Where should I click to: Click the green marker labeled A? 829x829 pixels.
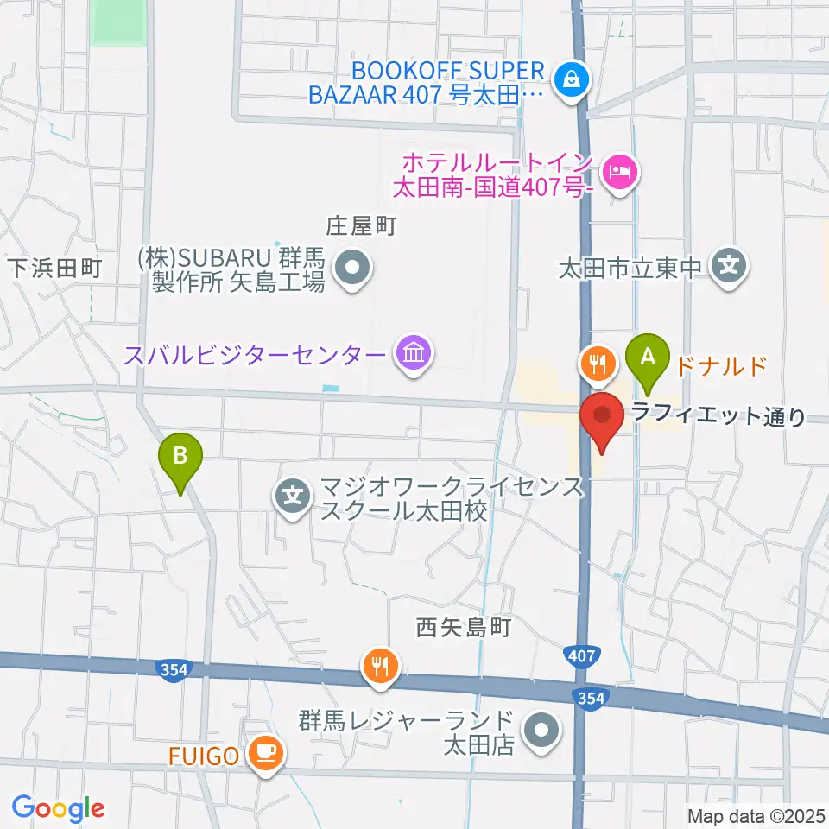(652, 357)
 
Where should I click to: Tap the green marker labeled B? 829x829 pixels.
(180, 457)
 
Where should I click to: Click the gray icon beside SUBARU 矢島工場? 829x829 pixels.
(352, 269)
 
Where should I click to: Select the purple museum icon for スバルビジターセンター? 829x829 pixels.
(413, 354)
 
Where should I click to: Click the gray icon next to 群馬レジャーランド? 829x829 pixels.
(541, 731)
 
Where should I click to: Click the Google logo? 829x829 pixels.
(58, 809)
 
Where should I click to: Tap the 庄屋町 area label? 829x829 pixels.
(360, 228)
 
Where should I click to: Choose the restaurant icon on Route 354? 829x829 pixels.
(380, 666)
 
